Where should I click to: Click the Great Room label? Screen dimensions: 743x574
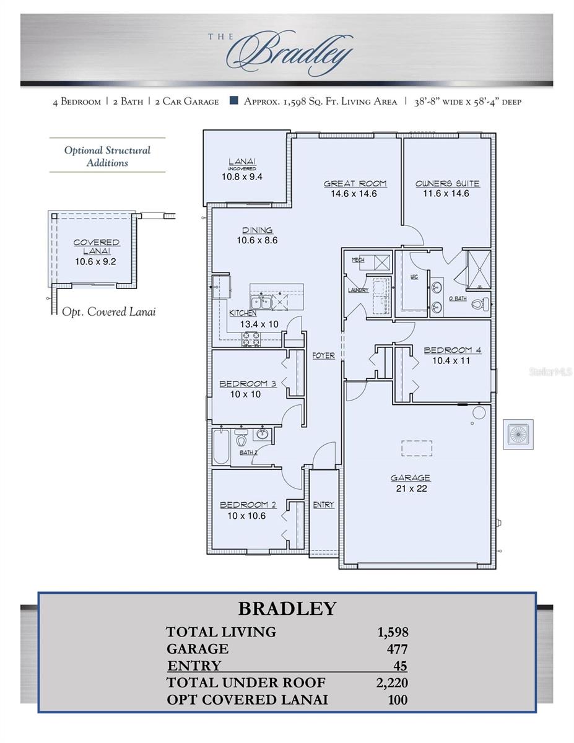point(355,183)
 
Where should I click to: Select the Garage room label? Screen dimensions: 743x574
point(410,477)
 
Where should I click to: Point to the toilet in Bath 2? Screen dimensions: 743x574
point(241,441)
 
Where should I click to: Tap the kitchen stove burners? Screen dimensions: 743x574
point(250,338)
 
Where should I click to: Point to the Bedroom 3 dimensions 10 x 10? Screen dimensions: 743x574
point(245,394)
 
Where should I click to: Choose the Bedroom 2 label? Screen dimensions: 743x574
point(244,505)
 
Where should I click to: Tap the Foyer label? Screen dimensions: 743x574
point(323,355)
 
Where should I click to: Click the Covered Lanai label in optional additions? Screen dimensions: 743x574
point(97,246)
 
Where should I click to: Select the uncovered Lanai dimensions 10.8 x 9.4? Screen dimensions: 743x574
point(242,176)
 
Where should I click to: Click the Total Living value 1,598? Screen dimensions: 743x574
point(393,632)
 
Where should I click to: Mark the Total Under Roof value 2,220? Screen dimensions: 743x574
point(393,683)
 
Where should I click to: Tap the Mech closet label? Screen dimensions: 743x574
point(358,260)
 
